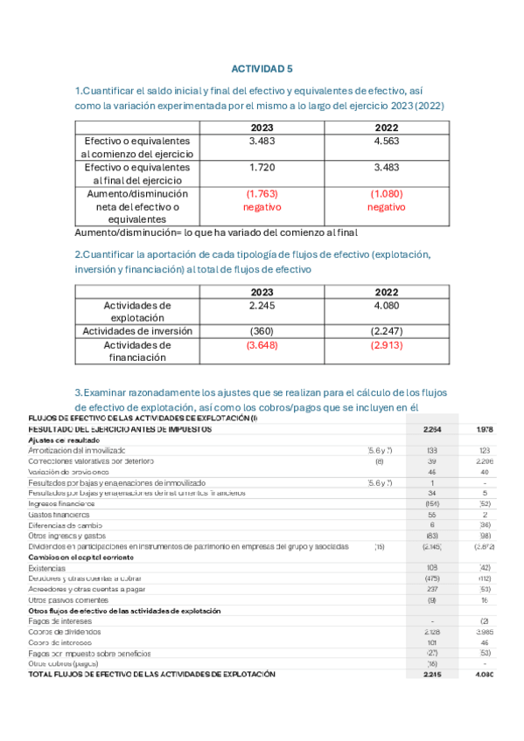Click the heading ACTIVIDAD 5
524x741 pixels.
[x=262, y=68]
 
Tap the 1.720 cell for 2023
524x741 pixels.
[x=262, y=167]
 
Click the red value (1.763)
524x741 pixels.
[x=262, y=193]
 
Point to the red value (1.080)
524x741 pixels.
[x=385, y=193]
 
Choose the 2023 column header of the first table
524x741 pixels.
[x=262, y=128]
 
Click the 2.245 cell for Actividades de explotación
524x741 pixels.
[x=262, y=306]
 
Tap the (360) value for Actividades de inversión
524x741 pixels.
[x=262, y=331]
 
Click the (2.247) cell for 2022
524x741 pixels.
[x=386, y=331]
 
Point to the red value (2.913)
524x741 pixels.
[x=386, y=345]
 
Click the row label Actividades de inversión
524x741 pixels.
[x=137, y=331]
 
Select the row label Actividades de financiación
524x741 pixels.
[x=137, y=351]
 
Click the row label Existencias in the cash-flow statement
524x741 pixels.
[x=47, y=568]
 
